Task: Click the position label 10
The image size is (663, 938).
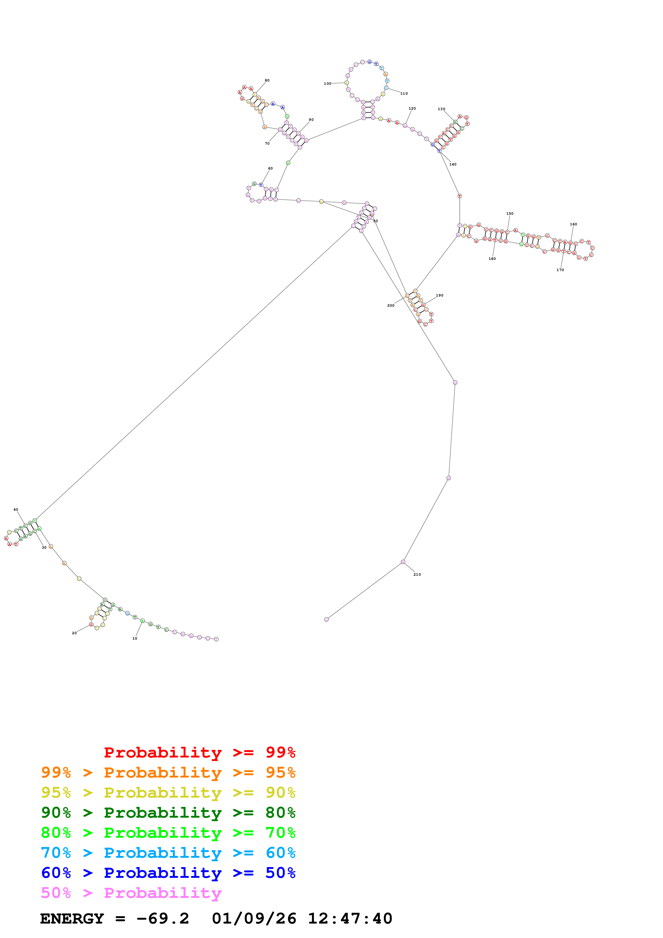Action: [x=135, y=638]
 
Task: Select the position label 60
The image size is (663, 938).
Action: [x=270, y=168]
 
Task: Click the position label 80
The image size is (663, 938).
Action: [x=267, y=80]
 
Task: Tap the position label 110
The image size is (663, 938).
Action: [x=404, y=94]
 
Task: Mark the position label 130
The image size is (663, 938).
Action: [x=442, y=109]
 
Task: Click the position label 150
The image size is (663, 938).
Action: [x=510, y=214]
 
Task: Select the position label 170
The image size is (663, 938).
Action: [x=560, y=270]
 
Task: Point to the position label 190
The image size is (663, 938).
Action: [x=440, y=295]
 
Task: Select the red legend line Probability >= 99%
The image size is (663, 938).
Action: [x=199, y=752]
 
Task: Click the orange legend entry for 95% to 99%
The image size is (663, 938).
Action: [x=168, y=772]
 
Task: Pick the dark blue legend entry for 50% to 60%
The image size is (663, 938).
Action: [x=168, y=873]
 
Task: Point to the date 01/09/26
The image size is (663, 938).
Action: [x=254, y=919]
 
